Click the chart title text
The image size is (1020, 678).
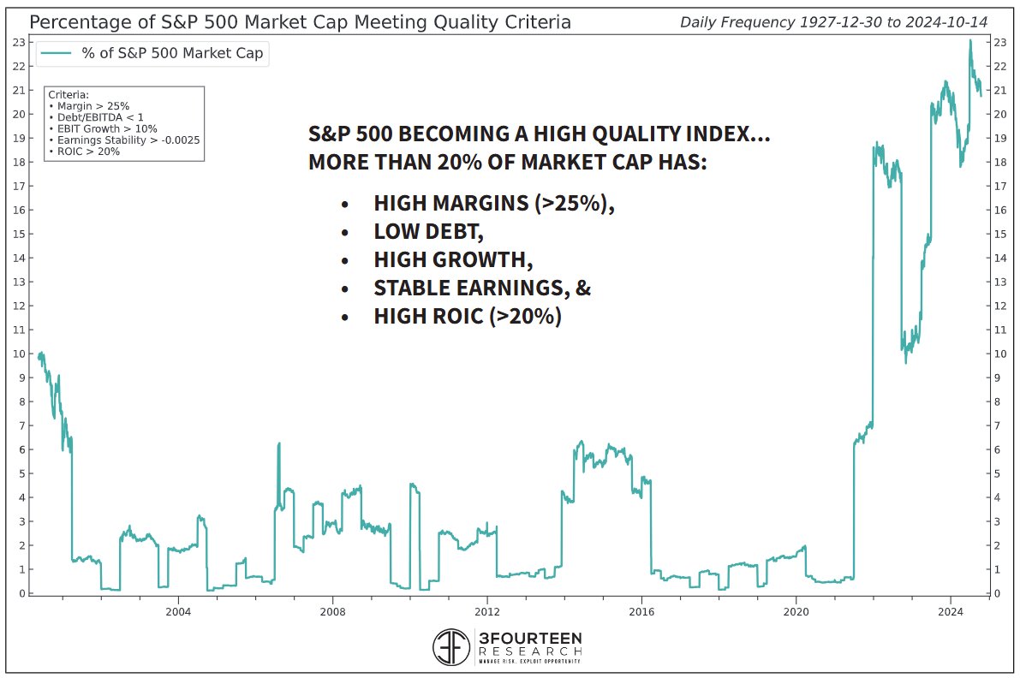(300, 21)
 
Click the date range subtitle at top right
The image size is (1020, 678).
(833, 22)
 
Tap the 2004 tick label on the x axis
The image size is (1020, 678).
(178, 611)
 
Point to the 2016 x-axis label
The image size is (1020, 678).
(641, 611)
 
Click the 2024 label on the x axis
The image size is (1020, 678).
(951, 611)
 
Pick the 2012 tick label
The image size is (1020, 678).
(486, 611)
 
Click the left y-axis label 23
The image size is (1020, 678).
(20, 42)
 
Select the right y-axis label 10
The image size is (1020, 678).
(999, 354)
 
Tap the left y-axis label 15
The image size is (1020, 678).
(20, 234)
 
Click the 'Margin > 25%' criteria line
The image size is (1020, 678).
(89, 106)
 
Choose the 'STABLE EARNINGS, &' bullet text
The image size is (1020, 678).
(482, 288)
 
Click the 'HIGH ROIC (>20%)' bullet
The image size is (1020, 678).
(468, 317)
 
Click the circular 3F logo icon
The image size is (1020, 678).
(452, 648)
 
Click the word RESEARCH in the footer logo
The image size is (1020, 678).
(531, 650)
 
